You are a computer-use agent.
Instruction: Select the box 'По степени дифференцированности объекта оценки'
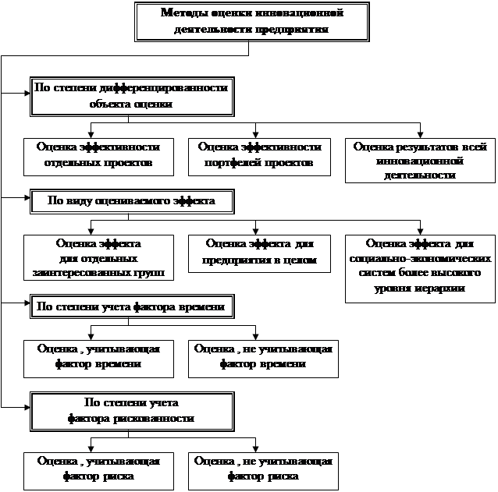coord(131,94)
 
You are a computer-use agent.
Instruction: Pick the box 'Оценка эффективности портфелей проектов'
coord(259,154)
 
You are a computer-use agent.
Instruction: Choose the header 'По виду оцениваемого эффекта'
coord(131,201)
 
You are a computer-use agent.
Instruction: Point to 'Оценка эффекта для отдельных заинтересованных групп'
coord(98,257)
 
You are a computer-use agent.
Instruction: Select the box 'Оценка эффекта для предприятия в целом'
coord(259,252)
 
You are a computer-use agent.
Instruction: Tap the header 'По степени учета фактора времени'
coord(130,306)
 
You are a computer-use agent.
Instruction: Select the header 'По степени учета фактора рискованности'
coord(131,410)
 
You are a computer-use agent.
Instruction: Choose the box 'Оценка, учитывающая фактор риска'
coord(92,469)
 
